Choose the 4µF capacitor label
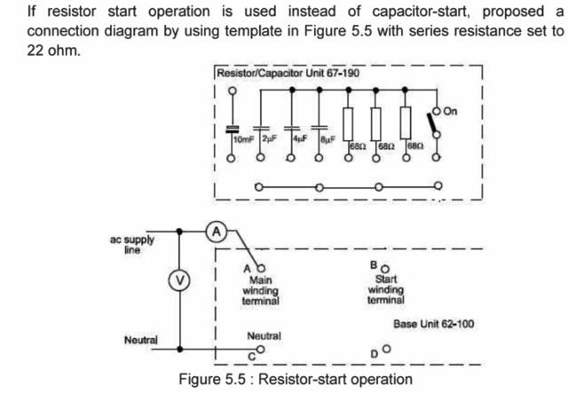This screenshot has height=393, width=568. (x=300, y=138)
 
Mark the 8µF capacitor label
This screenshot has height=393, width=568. (x=327, y=138)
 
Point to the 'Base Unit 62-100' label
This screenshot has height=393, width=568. (x=434, y=324)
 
